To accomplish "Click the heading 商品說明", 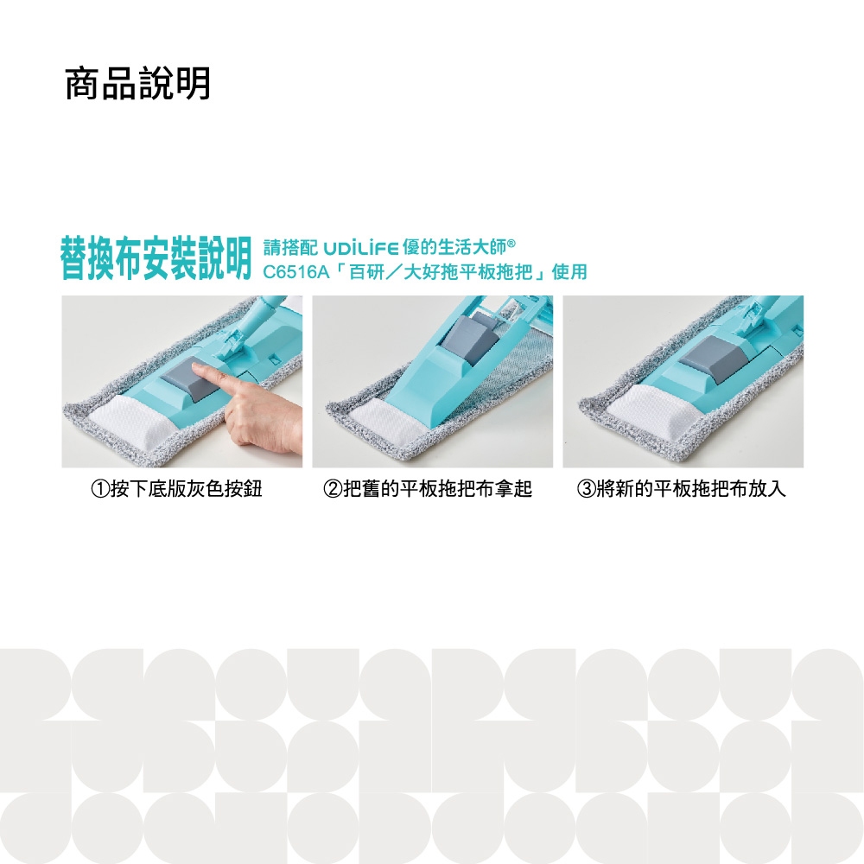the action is tap(137, 84).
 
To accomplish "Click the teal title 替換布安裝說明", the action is tap(156, 258).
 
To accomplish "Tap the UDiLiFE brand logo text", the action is tap(360, 249).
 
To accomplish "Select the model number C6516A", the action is tap(295, 272).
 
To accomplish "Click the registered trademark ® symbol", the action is tap(511, 243).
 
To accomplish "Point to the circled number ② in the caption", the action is tap(333, 489).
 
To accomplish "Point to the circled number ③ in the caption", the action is tap(586, 489).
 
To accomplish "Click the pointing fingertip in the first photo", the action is tap(195, 368).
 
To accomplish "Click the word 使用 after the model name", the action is tap(569, 272).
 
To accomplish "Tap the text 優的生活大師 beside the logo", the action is tap(454, 248).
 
